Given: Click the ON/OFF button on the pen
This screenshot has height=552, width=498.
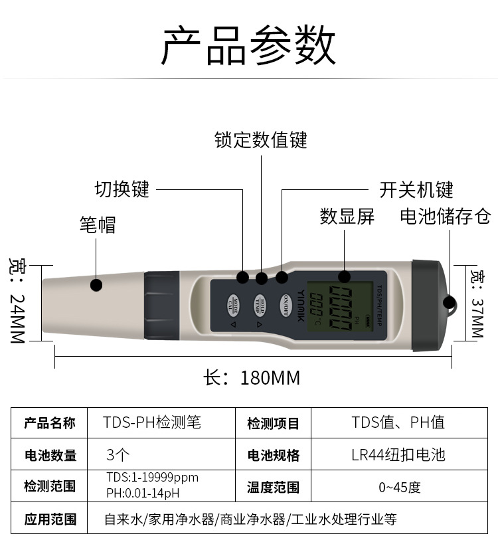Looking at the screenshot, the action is pos(285,303).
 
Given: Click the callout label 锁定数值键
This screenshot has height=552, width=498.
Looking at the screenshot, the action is pos(261,139).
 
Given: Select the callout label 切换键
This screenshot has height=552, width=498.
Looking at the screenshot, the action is pos(122,189).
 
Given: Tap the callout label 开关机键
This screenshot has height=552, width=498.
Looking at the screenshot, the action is pos(416,190).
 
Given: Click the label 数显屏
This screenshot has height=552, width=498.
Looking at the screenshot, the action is pos(347,216).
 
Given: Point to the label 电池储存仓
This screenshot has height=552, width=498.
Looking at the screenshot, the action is pos(445,216).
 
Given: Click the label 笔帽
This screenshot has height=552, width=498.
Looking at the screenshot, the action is pos(98,225).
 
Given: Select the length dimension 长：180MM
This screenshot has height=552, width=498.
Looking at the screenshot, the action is pos(252,378).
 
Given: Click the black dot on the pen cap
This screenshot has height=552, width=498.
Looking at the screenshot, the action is pos(96,286).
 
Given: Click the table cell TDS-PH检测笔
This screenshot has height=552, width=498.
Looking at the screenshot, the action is pos(152,422).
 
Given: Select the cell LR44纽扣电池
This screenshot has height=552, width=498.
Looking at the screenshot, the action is pos(398,455).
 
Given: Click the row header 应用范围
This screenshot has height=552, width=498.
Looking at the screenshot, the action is pos(50,519).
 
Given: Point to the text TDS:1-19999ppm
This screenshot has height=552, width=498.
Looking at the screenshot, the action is pos(152,478).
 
